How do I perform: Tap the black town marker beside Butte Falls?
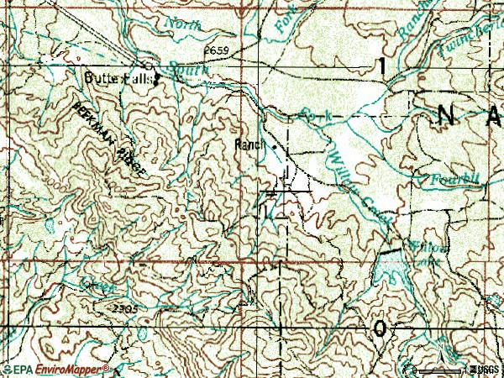click(156, 79)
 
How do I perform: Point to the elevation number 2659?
click(215, 51)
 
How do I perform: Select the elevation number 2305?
click(125, 310)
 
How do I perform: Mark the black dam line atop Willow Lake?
click(389, 251)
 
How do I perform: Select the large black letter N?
click(444, 117)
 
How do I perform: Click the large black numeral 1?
click(382, 66)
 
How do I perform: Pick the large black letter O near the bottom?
click(382, 328)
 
